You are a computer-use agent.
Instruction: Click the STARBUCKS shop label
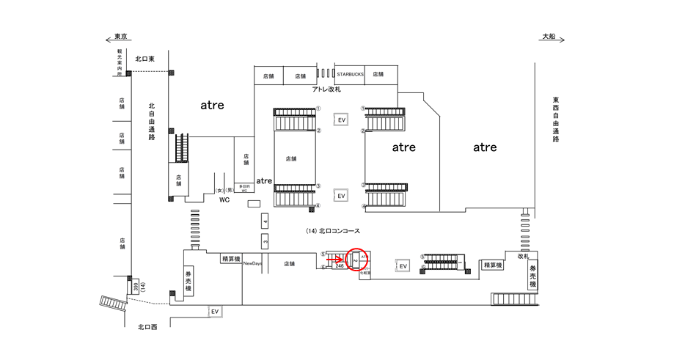351,75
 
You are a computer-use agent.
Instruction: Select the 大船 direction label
550,36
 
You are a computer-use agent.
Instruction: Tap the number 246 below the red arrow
338,266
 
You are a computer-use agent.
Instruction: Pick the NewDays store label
253,263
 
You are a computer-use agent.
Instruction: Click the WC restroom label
225,199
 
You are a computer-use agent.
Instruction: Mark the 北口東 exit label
145,59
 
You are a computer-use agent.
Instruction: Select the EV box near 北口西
215,312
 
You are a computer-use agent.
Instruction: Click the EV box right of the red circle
402,266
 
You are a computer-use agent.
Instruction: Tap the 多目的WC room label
244,188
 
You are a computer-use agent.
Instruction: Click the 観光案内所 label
120,63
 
